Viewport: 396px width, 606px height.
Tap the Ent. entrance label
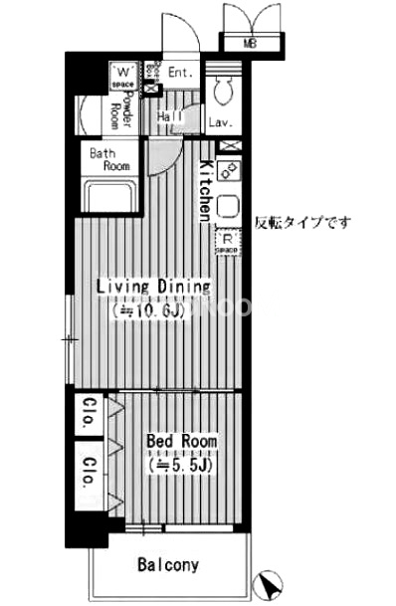[180, 72]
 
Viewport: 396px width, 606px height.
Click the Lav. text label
[222, 123]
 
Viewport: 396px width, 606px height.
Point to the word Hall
[168, 117]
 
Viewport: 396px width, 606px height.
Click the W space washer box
[125, 76]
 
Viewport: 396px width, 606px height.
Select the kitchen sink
[227, 206]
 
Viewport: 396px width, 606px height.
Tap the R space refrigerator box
[228, 240]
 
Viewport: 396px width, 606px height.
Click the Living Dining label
[153, 287]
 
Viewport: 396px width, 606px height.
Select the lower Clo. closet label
[88, 471]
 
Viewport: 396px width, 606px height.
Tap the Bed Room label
[180, 441]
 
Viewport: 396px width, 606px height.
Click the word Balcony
[168, 565]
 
